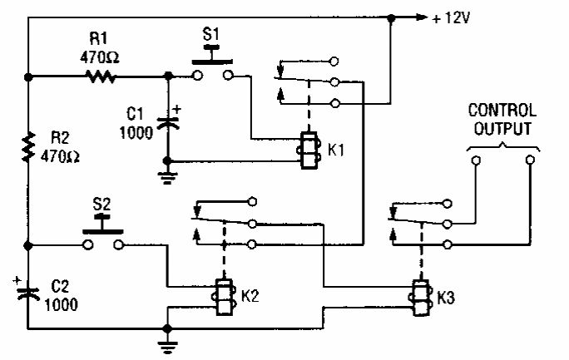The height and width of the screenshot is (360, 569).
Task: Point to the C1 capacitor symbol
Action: (x=170, y=121)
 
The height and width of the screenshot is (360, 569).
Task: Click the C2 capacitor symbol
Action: (x=29, y=290)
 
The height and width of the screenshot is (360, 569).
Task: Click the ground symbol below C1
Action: (x=169, y=172)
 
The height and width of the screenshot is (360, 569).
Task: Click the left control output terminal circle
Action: (x=473, y=163)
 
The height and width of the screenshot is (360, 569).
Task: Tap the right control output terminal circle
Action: (x=529, y=163)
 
